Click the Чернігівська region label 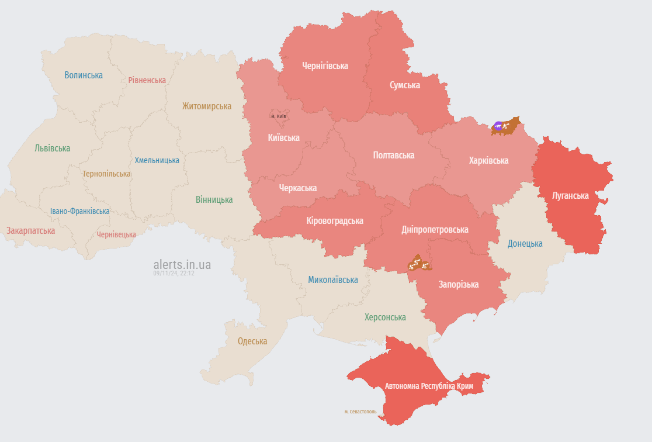325,66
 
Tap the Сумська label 405,85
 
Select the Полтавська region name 394,156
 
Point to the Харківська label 488,160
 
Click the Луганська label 570,195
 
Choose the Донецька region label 525,244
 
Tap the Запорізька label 459,285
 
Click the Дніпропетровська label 435,230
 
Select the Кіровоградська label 335,221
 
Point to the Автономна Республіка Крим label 429,386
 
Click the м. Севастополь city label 360,412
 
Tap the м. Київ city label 278,116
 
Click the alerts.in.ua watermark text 182,265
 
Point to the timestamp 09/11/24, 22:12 174,273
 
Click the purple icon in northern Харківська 498,125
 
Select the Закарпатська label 30,231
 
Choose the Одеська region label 252,341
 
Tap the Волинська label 84,75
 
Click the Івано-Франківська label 79,211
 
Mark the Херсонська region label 385,317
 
